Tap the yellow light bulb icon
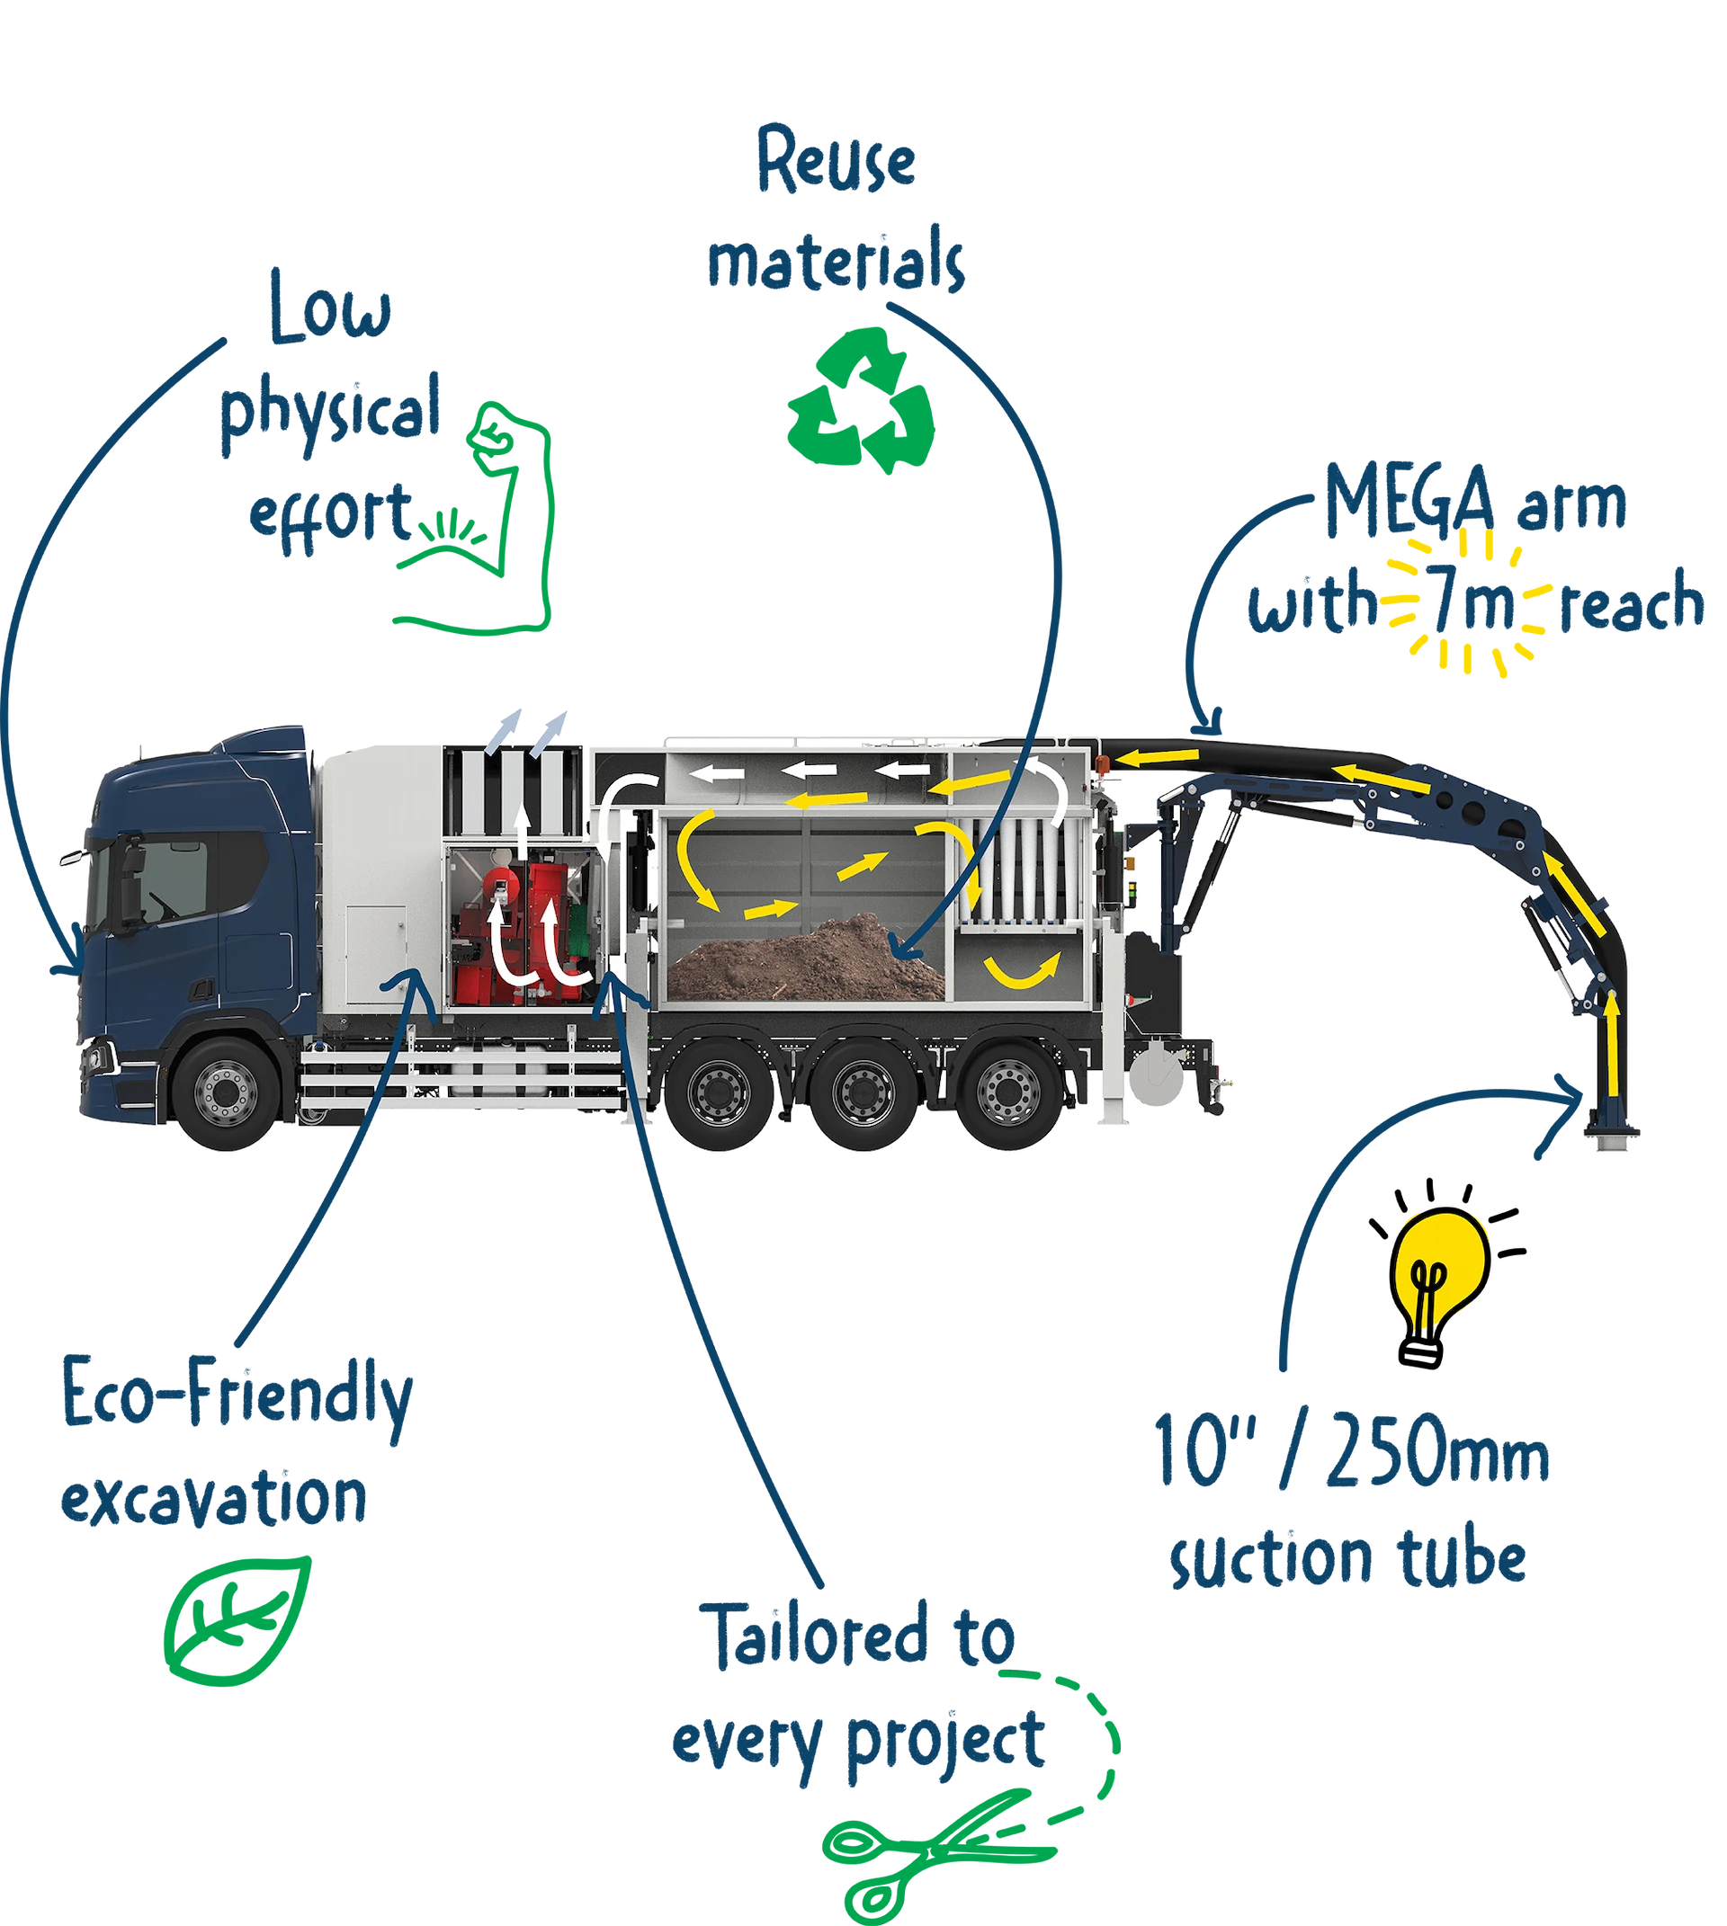[x=1440, y=1266]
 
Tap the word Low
[x=328, y=308]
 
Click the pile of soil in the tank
[x=807, y=959]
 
